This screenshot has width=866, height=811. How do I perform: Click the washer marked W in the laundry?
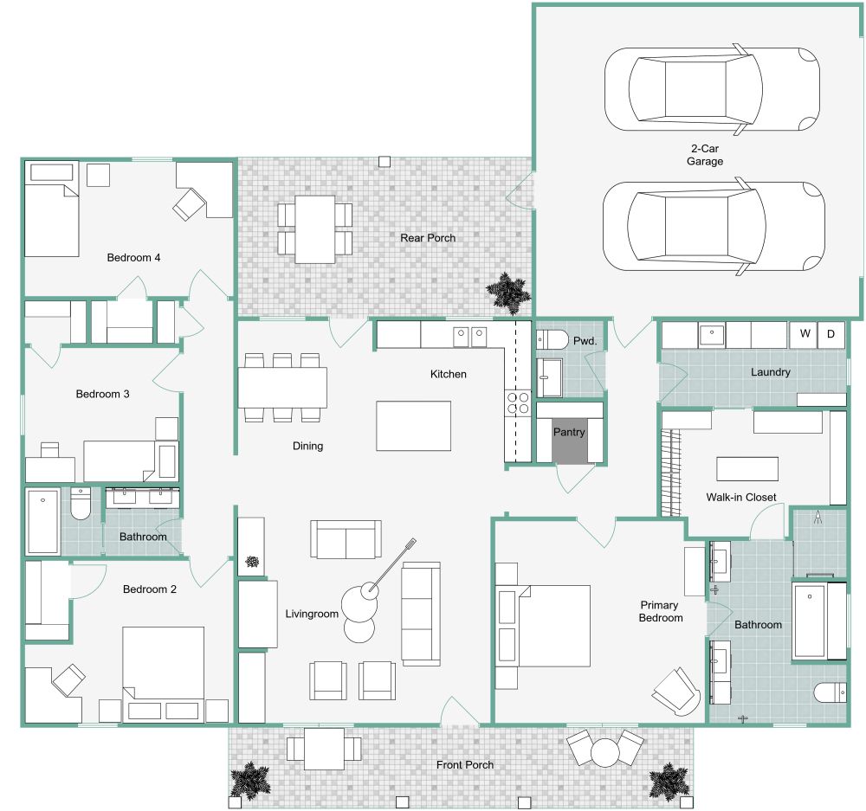tap(804, 334)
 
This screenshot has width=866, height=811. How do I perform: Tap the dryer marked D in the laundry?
tap(831, 334)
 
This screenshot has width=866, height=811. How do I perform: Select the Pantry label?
tap(569, 432)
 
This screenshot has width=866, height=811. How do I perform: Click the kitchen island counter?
tap(413, 426)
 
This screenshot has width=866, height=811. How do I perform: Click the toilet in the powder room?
tap(552, 340)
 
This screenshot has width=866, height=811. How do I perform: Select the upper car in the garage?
tap(711, 88)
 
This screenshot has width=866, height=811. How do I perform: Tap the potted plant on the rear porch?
tap(508, 293)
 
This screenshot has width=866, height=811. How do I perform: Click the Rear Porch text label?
tap(427, 238)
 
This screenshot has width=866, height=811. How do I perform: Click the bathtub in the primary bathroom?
tap(811, 621)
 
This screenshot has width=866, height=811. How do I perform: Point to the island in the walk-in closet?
tap(746, 468)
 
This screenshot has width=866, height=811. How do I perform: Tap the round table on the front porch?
tap(604, 751)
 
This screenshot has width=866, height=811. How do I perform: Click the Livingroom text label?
tap(312, 615)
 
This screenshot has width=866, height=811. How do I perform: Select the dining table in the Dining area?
tap(283, 387)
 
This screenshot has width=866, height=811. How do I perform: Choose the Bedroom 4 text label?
tap(133, 257)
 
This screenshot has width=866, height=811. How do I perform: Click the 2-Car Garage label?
tap(704, 155)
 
